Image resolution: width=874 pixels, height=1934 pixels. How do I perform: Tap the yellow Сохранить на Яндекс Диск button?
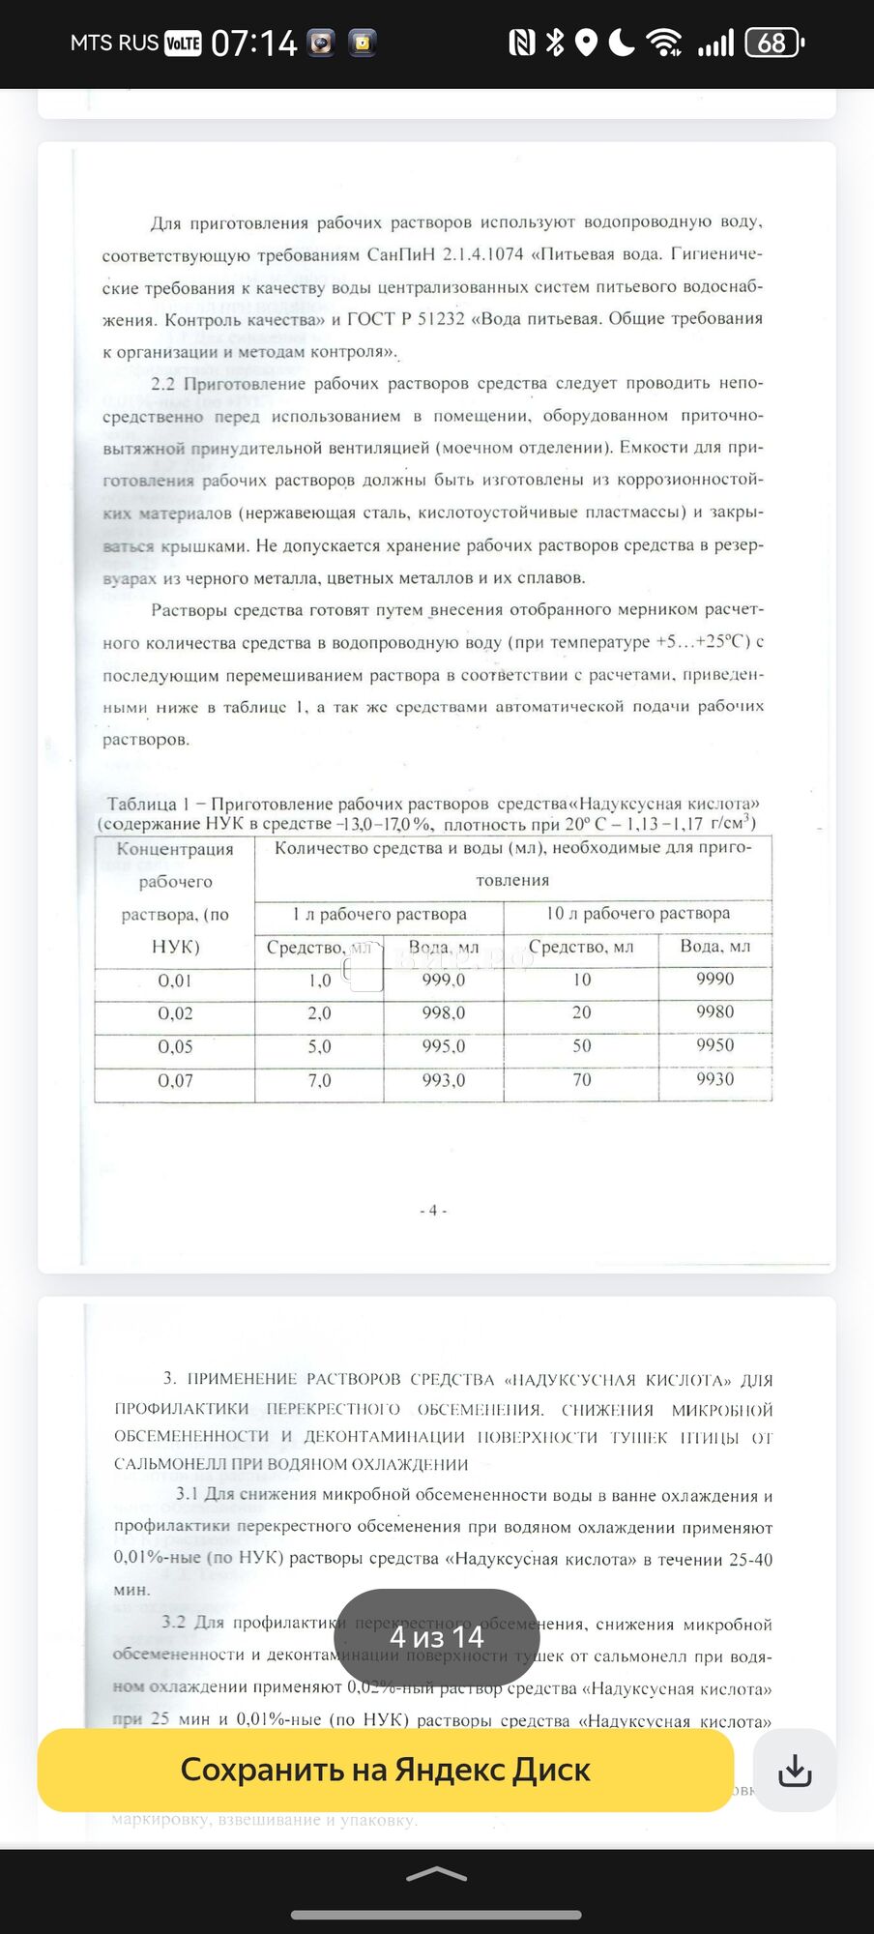pyautogui.click(x=385, y=1770)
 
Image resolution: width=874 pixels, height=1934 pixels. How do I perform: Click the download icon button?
pyautogui.click(x=794, y=1770)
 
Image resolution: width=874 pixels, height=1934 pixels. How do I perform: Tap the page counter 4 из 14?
pyautogui.click(x=436, y=1637)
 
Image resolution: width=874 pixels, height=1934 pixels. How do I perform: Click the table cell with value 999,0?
pyautogui.click(x=443, y=980)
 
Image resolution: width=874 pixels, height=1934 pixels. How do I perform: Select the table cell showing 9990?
pyautogui.click(x=714, y=979)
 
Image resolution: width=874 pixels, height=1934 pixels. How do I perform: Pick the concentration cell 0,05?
pyautogui.click(x=175, y=1046)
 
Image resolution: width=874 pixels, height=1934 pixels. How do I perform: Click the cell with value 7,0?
pyautogui.click(x=319, y=1080)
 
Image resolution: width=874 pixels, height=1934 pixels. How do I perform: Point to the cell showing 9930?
pyautogui.click(x=714, y=1079)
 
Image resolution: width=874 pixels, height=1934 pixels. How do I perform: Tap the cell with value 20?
pyautogui.click(x=581, y=1012)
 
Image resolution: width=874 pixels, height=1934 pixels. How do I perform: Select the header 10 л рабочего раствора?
pyautogui.click(x=637, y=913)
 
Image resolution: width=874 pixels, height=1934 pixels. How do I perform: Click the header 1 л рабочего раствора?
pyautogui.click(x=379, y=914)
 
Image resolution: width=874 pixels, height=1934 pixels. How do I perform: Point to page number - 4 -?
pyautogui.click(x=433, y=1210)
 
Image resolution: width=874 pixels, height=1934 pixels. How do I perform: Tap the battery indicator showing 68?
pyautogui.click(x=773, y=43)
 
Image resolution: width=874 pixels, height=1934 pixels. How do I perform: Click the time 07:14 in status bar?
pyautogui.click(x=253, y=43)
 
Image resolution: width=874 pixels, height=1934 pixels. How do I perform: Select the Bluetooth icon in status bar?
pyautogui.click(x=554, y=43)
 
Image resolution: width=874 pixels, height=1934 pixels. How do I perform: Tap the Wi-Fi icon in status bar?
pyautogui.click(x=663, y=43)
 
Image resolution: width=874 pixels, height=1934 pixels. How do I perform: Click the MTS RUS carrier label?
pyautogui.click(x=114, y=43)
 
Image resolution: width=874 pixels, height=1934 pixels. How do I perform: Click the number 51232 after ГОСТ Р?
pyautogui.click(x=440, y=319)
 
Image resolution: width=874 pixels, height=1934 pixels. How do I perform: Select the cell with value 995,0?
pyautogui.click(x=443, y=1046)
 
